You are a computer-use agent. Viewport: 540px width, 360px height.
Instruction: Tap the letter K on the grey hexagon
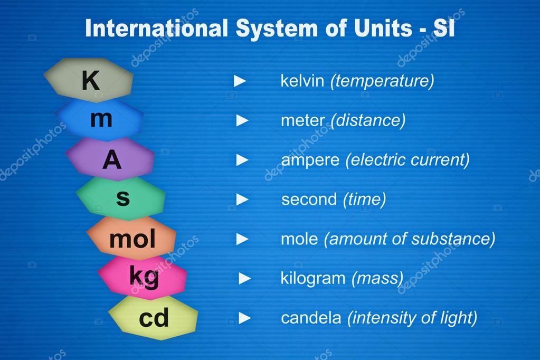(90, 81)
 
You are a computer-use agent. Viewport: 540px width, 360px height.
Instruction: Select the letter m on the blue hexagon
(101, 120)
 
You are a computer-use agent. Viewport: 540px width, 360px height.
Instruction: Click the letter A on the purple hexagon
(111, 160)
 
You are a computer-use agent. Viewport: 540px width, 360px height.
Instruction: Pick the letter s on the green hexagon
(122, 199)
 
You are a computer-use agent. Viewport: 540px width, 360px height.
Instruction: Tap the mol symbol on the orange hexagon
(132, 240)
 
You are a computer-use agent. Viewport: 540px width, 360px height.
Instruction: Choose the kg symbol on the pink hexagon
(144, 277)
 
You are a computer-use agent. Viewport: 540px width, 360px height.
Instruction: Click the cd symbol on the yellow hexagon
(154, 318)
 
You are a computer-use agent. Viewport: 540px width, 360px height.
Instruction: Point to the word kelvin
(302, 81)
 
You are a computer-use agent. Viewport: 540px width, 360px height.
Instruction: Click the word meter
(302, 121)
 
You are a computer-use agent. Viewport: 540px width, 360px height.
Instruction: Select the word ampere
(310, 160)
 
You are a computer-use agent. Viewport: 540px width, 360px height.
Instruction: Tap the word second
(309, 200)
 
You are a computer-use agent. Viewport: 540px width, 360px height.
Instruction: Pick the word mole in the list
(299, 239)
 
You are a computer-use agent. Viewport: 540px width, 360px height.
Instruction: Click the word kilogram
(313, 278)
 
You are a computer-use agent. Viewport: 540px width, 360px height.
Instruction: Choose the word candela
(311, 318)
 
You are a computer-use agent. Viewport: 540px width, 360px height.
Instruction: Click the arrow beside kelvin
(240, 81)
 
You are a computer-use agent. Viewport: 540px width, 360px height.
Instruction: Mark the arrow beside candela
(244, 318)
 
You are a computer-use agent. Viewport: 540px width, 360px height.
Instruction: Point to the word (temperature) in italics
(382, 81)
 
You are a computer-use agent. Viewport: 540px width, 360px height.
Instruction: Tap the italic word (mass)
(377, 278)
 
